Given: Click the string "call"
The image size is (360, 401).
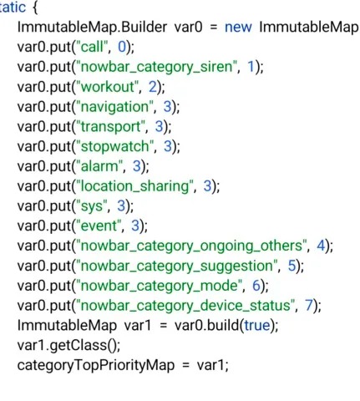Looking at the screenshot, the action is pyautogui.click(x=92, y=47).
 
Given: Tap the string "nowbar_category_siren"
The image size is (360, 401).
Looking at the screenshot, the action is pyautogui.click(x=157, y=67).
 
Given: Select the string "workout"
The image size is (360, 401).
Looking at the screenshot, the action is pyautogui.click(x=107, y=87).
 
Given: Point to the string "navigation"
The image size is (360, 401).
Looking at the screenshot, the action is pyautogui.click(x=114, y=107).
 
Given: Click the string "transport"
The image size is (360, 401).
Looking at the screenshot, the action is pyautogui.click(x=110, y=127).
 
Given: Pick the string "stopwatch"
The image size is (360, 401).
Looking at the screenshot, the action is pyautogui.click(x=115, y=146).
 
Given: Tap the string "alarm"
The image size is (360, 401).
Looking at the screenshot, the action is pyautogui.click(x=99, y=166).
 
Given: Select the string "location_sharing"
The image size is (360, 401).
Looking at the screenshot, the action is pyautogui.click(x=134, y=186).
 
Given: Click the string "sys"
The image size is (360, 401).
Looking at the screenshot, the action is pyautogui.click(x=92, y=206).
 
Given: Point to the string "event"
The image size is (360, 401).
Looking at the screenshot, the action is pyautogui.click(x=99, y=226).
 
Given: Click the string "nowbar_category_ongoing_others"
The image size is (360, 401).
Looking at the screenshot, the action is pyautogui.click(x=191, y=246).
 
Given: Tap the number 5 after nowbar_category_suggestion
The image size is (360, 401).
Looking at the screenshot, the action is pyautogui.click(x=292, y=266).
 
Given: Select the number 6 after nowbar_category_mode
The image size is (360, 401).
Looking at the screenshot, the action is pyautogui.click(x=256, y=286).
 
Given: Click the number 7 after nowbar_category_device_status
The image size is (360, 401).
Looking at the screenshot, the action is pyautogui.click(x=309, y=306).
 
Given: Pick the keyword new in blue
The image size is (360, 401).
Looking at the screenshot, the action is pyautogui.click(x=238, y=28).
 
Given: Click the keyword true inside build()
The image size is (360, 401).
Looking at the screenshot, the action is pyautogui.click(x=257, y=326).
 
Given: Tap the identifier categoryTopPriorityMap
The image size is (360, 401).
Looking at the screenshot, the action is pyautogui.click(x=96, y=365).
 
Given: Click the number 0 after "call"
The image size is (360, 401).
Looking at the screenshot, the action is pyautogui.click(x=122, y=47).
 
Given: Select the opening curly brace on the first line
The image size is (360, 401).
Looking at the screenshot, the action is pyautogui.click(x=35, y=8).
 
